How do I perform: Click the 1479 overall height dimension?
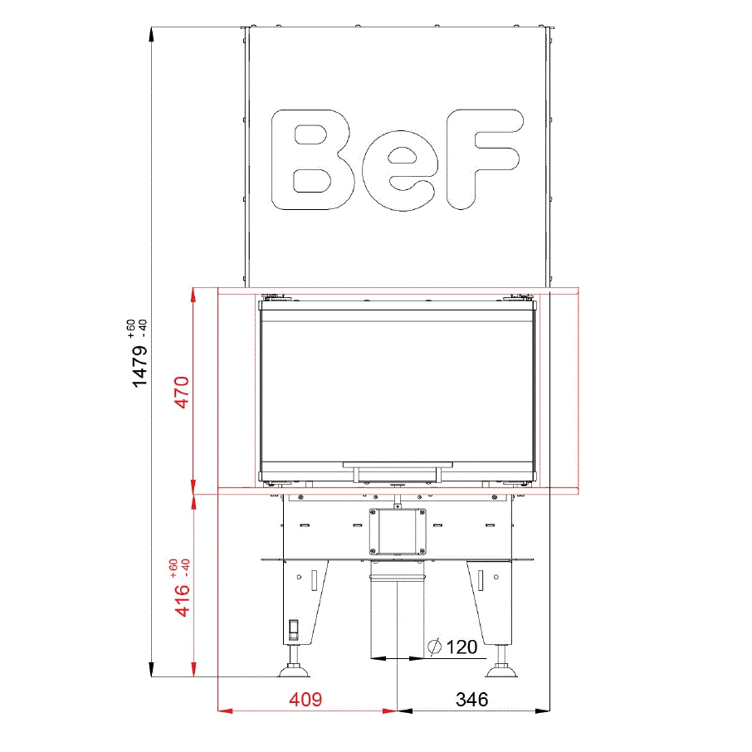coord(139,366)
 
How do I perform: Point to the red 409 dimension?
coord(305,700)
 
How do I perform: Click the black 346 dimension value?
coord(472,700)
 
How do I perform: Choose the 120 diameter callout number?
coord(461,647)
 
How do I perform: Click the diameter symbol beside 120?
coord(434,647)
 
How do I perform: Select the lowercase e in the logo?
coord(400,171)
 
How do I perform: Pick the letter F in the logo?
coord(483,159)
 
